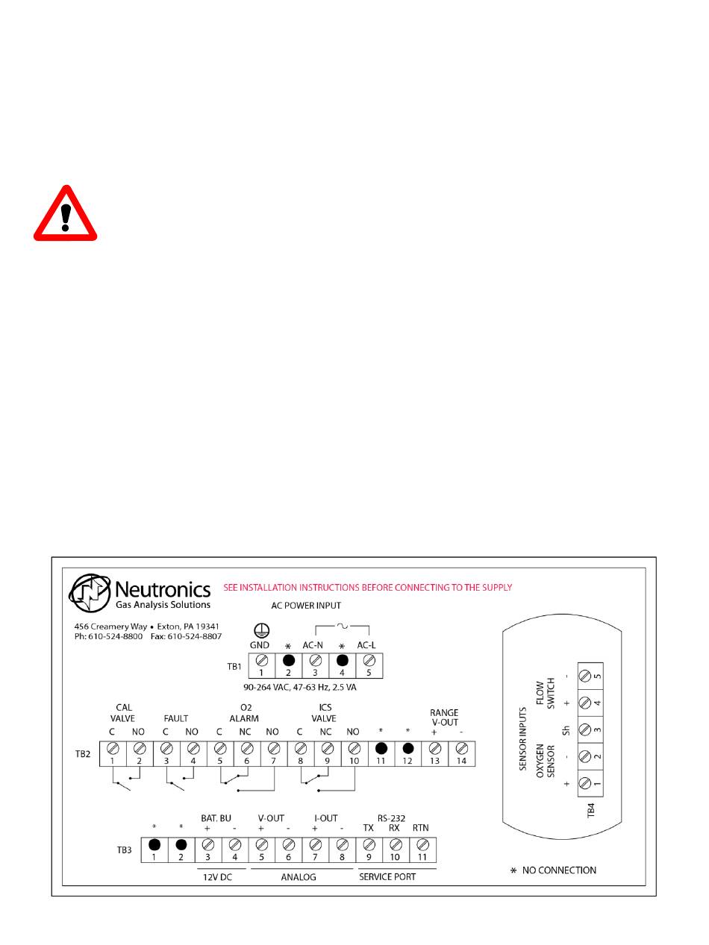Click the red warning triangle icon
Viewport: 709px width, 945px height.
click(x=66, y=215)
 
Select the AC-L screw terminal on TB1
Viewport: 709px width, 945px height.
click(x=369, y=660)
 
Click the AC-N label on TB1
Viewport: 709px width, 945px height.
click(x=313, y=645)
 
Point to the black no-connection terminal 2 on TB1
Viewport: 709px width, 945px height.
click(x=288, y=660)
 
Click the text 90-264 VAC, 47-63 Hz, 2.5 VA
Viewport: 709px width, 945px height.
click(x=300, y=687)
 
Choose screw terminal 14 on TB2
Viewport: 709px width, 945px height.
click(x=461, y=748)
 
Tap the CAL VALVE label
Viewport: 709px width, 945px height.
click(x=125, y=713)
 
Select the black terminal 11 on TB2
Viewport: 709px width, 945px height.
click(x=381, y=748)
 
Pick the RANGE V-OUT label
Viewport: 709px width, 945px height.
click(x=444, y=718)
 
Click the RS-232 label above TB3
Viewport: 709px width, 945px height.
click(x=393, y=817)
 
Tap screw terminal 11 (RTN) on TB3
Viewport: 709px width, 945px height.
click(x=422, y=845)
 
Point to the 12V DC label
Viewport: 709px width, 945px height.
click(x=217, y=877)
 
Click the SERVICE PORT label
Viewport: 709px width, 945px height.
click(x=387, y=877)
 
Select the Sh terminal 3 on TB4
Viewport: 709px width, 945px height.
click(x=586, y=729)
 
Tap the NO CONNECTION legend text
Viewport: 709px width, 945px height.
click(x=558, y=870)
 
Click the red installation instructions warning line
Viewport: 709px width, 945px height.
click(x=368, y=588)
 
